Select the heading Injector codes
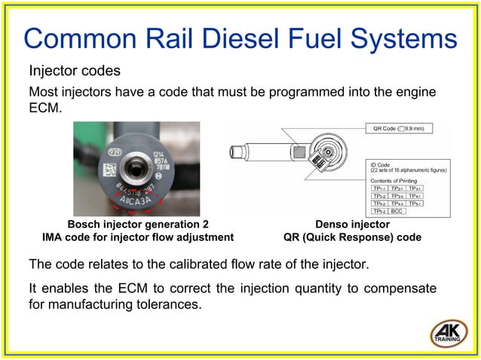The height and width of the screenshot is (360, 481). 75,72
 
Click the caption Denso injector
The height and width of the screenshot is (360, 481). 352,224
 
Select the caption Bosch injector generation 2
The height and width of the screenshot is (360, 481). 138,224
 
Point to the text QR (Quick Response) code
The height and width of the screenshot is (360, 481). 352,237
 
